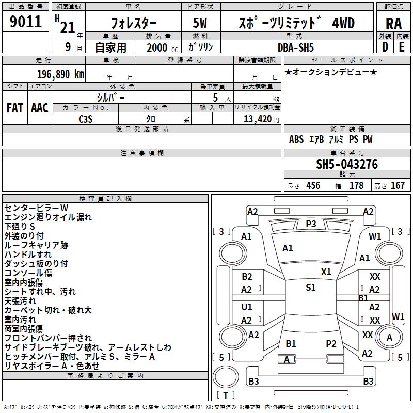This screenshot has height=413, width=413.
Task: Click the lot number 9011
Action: [x=26, y=22]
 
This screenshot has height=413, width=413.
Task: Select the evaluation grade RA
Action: [x=393, y=24]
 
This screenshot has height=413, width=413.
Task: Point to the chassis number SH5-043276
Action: [x=347, y=164]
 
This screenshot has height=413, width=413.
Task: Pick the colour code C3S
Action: [x=86, y=119]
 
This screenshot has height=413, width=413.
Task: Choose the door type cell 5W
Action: [x=201, y=23]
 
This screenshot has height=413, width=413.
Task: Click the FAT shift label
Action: [x=14, y=108]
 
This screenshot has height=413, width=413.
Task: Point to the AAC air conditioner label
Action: [x=40, y=108]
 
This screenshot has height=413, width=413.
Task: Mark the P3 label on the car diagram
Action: [x=311, y=224]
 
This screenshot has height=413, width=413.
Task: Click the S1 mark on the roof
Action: [x=310, y=288]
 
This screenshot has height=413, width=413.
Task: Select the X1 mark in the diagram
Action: [x=326, y=272]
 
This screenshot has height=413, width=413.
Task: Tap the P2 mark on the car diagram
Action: [x=331, y=343]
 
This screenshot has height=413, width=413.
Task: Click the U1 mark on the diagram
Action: [x=247, y=307]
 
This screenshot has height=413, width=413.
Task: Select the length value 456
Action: [x=313, y=186]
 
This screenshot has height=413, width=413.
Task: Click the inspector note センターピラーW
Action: [x=40, y=208]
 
